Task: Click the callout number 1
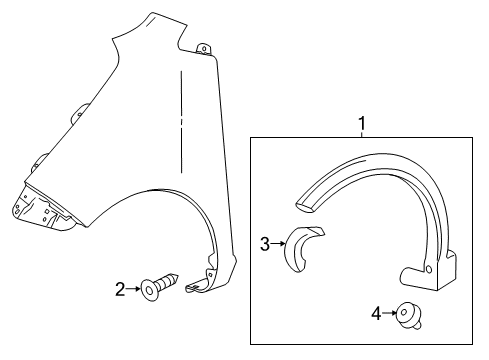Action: point(361,123)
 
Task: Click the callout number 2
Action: point(121,290)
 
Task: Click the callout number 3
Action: point(264,243)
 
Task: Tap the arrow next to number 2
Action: point(134,290)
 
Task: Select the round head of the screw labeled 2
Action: point(149,290)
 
